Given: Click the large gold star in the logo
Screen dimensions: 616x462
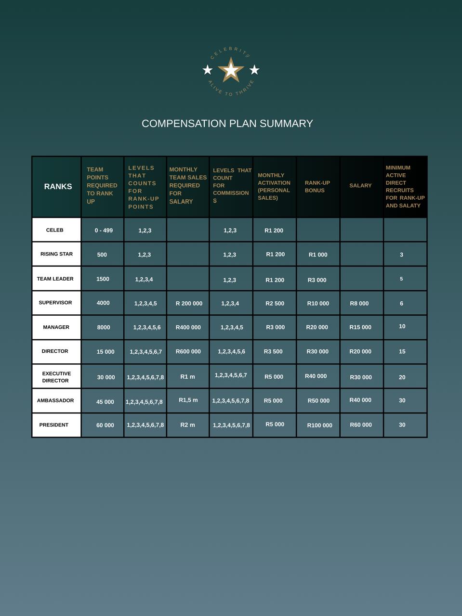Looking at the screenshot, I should [x=231, y=70].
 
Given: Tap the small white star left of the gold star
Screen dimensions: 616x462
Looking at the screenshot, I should [x=208, y=70].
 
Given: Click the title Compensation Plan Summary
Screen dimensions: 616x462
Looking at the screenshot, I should [x=227, y=124].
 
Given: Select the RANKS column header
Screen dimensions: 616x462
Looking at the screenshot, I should [x=58, y=186].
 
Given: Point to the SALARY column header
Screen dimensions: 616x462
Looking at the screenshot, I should [x=360, y=185].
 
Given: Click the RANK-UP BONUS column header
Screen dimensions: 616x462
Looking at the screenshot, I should [x=317, y=186].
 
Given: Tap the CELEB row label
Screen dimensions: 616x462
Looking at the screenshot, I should [x=54, y=230].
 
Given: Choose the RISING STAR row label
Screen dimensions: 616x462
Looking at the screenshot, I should [x=56, y=254].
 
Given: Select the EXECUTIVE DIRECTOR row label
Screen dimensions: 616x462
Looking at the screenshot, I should [x=56, y=377].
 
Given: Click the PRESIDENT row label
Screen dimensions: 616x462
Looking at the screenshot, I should [x=53, y=425].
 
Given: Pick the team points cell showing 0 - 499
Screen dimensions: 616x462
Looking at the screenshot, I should [x=104, y=231].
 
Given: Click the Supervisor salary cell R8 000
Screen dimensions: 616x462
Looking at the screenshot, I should [x=359, y=304].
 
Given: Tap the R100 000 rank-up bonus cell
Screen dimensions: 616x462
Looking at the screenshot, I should [x=319, y=425].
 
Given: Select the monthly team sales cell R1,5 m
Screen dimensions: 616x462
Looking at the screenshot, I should [x=188, y=400].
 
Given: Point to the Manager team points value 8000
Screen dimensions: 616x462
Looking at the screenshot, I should [x=103, y=327].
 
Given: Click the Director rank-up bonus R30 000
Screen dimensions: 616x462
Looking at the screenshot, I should [x=317, y=352].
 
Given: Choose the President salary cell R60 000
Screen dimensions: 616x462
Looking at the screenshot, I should [x=360, y=425].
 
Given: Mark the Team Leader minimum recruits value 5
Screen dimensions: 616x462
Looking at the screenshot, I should [x=401, y=279].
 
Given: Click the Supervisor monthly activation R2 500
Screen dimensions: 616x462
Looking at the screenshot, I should [x=275, y=304].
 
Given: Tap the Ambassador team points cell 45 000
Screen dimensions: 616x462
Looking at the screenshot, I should [x=105, y=402].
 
